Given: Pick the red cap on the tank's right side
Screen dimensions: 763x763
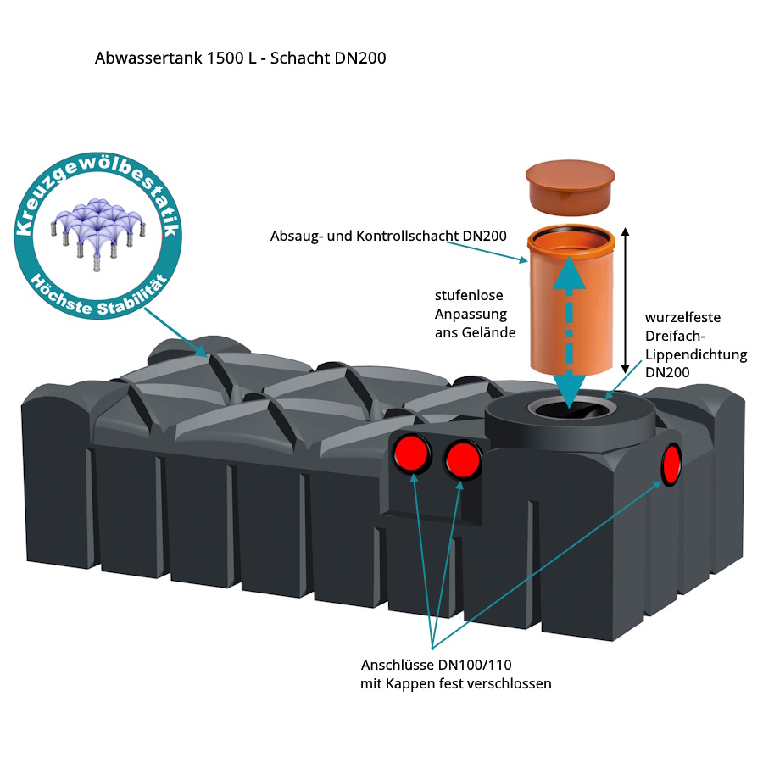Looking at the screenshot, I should [672, 463].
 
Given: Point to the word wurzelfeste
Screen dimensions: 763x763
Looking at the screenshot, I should [682, 317].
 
